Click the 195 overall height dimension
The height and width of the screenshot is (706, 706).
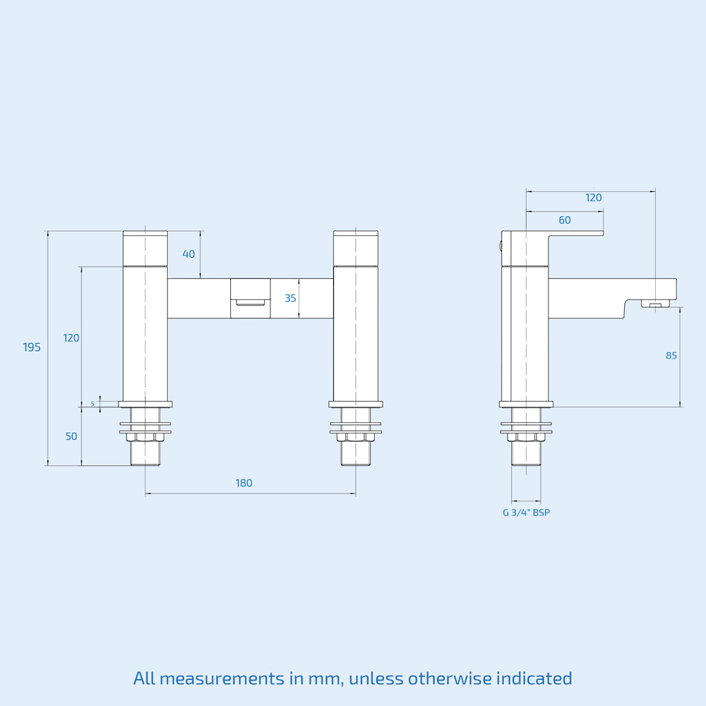[x=32, y=347]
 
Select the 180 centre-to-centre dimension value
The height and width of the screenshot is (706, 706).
[x=244, y=484]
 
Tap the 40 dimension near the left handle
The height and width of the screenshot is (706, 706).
[x=189, y=254]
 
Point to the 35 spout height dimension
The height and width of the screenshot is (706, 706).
[x=290, y=299]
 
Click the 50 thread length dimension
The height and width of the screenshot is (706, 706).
[x=71, y=436]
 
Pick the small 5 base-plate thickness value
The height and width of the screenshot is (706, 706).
[x=92, y=404]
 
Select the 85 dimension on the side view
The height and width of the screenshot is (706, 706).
[x=671, y=356]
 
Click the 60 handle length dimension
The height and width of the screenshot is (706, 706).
[x=565, y=220]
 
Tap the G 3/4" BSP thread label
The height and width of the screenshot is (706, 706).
[x=526, y=513]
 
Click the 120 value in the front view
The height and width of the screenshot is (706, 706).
[x=71, y=338]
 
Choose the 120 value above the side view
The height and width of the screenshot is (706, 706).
[x=594, y=198]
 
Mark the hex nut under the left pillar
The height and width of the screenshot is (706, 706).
[x=145, y=437]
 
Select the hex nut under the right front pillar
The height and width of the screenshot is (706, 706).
[x=356, y=437]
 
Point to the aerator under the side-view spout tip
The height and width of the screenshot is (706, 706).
[x=655, y=304]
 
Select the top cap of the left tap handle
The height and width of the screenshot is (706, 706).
[x=145, y=234]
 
